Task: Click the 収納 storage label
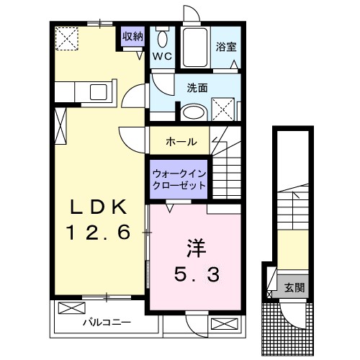click(132, 36)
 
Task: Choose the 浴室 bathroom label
click(226, 47)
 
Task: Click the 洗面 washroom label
click(197, 88)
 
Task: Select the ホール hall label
click(181, 141)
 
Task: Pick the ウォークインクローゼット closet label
click(179, 178)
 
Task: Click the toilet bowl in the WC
click(163, 39)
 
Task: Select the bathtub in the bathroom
click(194, 48)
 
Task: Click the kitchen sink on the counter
click(95, 91)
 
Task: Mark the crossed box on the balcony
click(71, 308)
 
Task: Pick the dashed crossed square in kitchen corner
click(68, 37)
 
